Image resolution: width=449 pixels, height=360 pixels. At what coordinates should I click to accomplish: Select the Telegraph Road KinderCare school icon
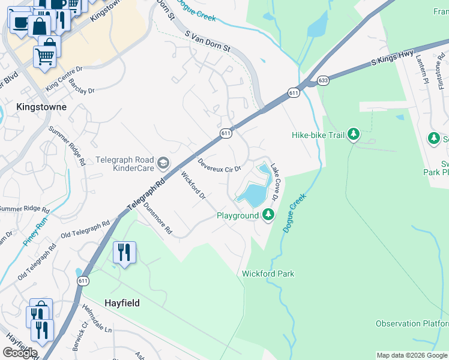[x=163, y=163]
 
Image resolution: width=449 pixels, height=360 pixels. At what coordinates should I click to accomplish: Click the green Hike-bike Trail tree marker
[x=354, y=134]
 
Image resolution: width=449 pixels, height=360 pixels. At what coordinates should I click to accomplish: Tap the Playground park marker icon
[x=268, y=214]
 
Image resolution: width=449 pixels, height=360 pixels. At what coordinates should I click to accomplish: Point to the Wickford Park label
[x=268, y=274]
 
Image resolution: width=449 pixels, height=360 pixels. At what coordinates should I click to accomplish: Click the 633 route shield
[x=324, y=80]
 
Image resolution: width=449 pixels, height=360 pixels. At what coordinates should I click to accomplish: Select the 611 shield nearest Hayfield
[x=83, y=281]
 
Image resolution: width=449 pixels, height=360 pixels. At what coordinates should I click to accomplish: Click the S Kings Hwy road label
[x=392, y=57]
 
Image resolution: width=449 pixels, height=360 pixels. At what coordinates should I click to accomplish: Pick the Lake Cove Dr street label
[x=275, y=182]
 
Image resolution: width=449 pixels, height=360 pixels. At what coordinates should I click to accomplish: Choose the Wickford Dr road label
[x=193, y=185]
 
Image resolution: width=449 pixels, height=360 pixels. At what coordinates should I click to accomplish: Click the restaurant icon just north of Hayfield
[x=124, y=253]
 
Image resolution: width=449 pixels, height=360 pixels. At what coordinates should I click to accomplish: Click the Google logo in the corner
[x=20, y=353]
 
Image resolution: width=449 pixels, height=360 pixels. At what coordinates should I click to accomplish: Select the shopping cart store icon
[x=45, y=56]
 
